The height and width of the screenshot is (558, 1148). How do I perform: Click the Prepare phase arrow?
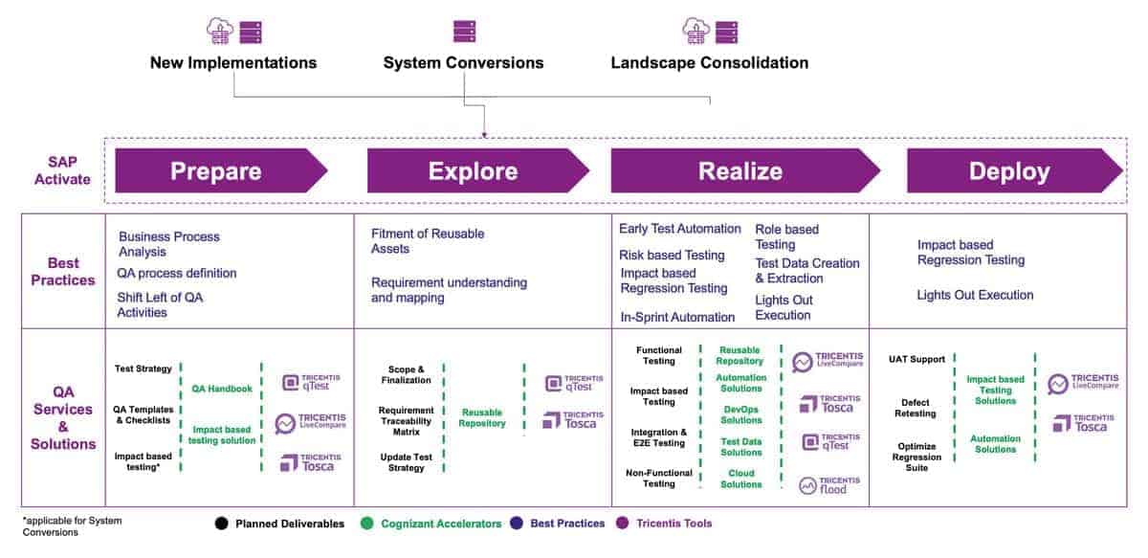(218, 171)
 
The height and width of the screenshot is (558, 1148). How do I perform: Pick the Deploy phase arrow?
(1010, 171)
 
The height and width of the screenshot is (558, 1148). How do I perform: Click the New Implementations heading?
(232, 63)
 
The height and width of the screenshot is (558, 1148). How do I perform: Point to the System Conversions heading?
(463, 63)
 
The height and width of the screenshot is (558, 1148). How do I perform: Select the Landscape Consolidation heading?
(709, 63)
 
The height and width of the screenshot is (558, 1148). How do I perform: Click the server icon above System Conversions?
(464, 32)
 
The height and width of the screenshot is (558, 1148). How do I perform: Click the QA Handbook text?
(222, 390)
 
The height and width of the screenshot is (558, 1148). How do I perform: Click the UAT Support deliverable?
(916, 360)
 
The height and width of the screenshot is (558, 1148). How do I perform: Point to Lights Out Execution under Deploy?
(975, 295)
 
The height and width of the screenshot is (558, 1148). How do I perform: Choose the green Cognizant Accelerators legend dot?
(366, 524)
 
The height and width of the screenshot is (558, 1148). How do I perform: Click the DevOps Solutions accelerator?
(741, 414)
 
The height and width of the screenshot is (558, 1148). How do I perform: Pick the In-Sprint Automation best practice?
(676, 317)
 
